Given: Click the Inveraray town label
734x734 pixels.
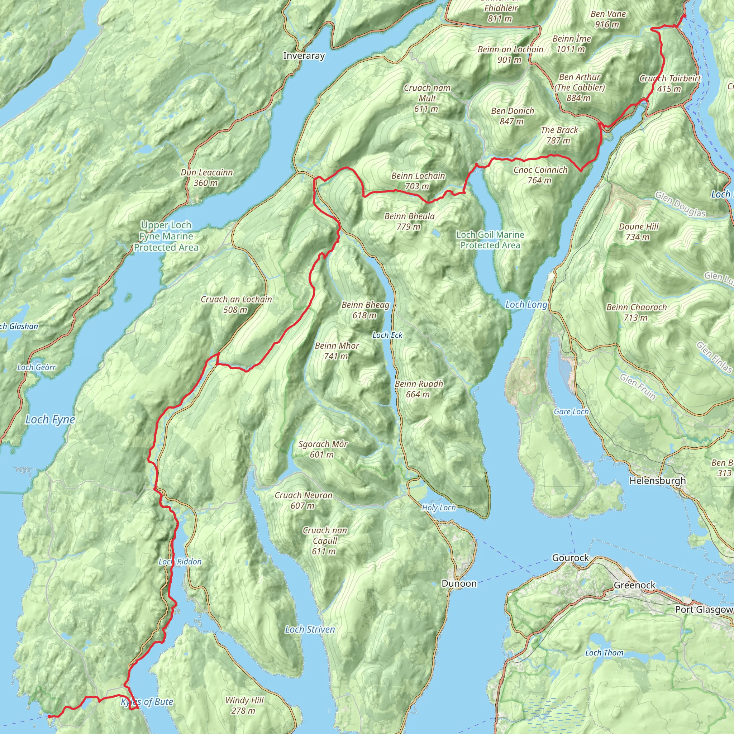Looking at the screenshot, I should (x=304, y=56).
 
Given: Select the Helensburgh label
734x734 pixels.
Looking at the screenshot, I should (x=658, y=481).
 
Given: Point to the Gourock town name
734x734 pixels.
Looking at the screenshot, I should (x=570, y=558).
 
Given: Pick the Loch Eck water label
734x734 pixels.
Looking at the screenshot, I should (x=387, y=335).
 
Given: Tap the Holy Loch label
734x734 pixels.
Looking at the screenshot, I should (x=439, y=507).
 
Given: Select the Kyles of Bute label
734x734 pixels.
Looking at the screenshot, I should (x=147, y=702).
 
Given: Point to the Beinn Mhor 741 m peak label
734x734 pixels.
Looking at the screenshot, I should (x=337, y=351).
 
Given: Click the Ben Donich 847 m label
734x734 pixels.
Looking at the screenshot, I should (x=513, y=116).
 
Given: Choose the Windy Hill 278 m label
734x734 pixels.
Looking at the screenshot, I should (x=244, y=705).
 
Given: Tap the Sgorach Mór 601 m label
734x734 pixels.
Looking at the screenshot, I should (x=323, y=449).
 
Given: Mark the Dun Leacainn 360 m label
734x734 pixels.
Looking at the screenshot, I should (x=207, y=177).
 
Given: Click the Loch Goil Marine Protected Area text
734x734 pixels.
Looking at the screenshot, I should (x=490, y=240).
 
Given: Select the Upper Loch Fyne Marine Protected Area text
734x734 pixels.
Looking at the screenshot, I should (x=166, y=236).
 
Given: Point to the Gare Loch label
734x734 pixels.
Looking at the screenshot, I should (x=571, y=411).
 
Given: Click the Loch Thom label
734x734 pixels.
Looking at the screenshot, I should (x=604, y=653).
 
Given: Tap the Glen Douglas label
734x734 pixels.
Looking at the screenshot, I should (x=680, y=204).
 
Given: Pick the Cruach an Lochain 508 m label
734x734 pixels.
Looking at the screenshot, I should (x=236, y=304).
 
